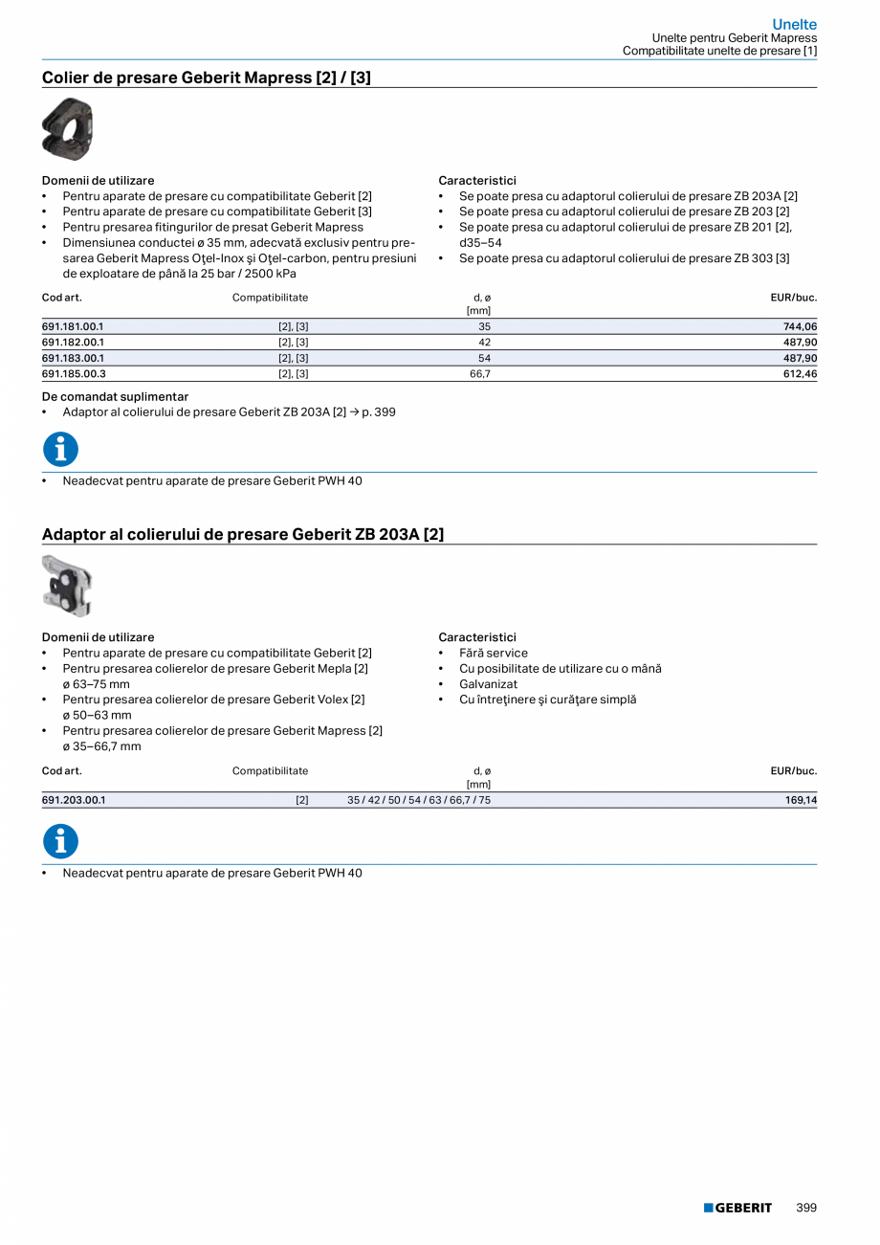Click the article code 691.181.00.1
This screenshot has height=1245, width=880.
[73, 326]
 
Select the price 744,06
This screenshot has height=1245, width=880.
[801, 326]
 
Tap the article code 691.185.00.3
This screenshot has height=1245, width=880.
[74, 373]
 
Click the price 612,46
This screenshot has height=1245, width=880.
[801, 373]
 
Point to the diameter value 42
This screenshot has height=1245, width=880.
[484, 342]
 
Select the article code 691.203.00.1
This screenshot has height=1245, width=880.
[74, 800]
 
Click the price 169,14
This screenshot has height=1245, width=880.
[801, 800]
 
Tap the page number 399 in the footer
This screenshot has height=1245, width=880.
[806, 1208]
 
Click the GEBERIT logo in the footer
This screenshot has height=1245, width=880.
[737, 1208]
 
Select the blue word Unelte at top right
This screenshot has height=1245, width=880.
[794, 25]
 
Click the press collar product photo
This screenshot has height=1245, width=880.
[67, 129]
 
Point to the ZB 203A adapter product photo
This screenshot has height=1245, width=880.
[67, 586]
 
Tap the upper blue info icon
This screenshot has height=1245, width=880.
[60, 449]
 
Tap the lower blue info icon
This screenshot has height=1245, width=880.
[60, 841]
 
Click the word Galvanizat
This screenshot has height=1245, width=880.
[488, 684]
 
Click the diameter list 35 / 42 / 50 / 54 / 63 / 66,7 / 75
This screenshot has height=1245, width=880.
[419, 800]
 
